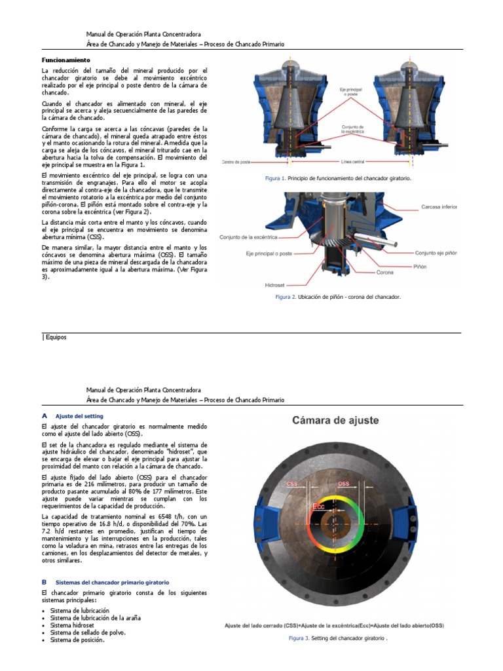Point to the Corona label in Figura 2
[x=384, y=273]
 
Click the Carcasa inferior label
[x=438, y=206]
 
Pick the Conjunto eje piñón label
[x=436, y=253]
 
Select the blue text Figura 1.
[x=275, y=178]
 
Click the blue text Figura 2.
[x=285, y=297]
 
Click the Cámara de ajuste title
[x=335, y=421]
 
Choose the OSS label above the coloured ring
[x=343, y=484]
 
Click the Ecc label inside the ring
[x=319, y=507]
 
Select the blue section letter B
[x=44, y=581]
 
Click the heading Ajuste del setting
[x=79, y=416]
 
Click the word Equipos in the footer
[x=56, y=337]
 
